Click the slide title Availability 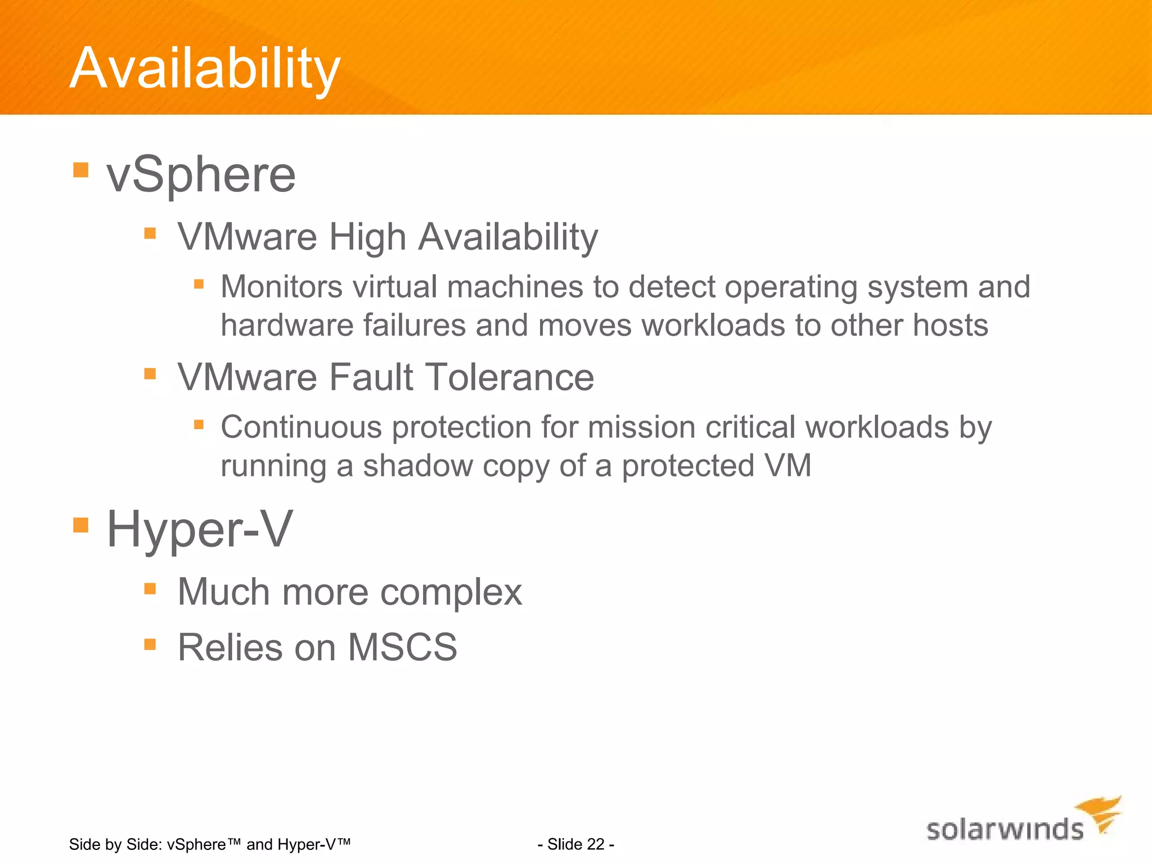pyautogui.click(x=205, y=69)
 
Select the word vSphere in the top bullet pyautogui.click(x=201, y=175)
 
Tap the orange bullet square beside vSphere pyautogui.click(x=81, y=170)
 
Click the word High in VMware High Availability pyautogui.click(x=367, y=237)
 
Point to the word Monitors pyautogui.click(x=281, y=287)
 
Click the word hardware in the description pyautogui.click(x=287, y=326)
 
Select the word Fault pyautogui.click(x=371, y=377)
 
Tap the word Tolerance pyautogui.click(x=509, y=377)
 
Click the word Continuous pyautogui.click(x=301, y=427)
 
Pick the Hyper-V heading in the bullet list pyautogui.click(x=200, y=529)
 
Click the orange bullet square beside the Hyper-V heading pyautogui.click(x=81, y=525)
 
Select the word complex pyautogui.click(x=451, y=593)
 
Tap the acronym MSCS pyautogui.click(x=402, y=647)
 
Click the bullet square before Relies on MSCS pyautogui.click(x=150, y=644)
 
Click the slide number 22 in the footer pyautogui.click(x=595, y=844)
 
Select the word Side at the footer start pyautogui.click(x=83, y=844)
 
